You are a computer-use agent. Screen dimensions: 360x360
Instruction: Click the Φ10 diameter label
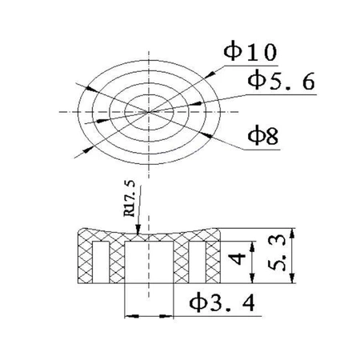coord(250,53)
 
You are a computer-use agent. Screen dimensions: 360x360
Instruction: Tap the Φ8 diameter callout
coord(261,136)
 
